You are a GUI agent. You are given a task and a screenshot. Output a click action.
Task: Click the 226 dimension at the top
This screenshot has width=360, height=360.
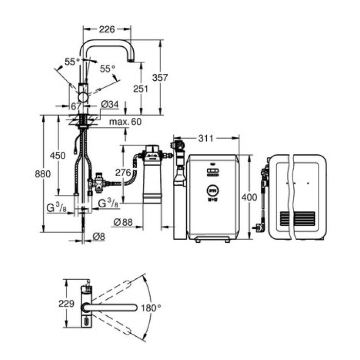(106, 29)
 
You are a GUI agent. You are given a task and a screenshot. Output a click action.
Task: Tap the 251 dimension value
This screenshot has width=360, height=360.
(140, 88)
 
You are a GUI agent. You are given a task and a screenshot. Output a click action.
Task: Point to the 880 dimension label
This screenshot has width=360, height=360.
(43, 174)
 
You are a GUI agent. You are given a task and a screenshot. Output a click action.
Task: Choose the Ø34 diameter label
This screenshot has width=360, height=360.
(110, 105)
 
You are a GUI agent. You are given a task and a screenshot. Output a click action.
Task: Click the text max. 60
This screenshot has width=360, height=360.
(124, 122)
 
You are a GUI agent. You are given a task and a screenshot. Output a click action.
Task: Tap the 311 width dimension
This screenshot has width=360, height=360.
(205, 138)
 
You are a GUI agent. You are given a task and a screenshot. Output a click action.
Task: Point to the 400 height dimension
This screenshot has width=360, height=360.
(249, 197)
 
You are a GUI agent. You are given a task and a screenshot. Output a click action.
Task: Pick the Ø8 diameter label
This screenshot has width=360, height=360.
(99, 237)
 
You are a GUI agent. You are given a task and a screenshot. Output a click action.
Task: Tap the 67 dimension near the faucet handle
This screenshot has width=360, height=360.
(76, 105)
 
